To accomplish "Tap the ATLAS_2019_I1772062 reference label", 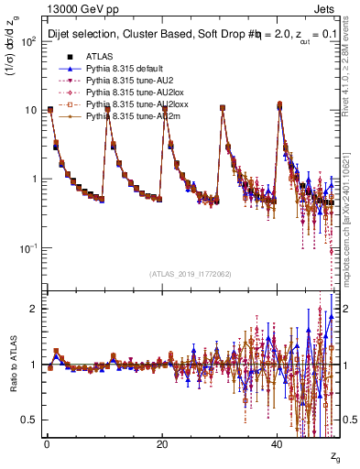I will [190, 272].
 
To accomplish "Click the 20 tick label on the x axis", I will [162, 443].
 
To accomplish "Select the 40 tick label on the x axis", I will [277, 443].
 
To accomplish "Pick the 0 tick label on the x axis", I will [47, 443].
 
